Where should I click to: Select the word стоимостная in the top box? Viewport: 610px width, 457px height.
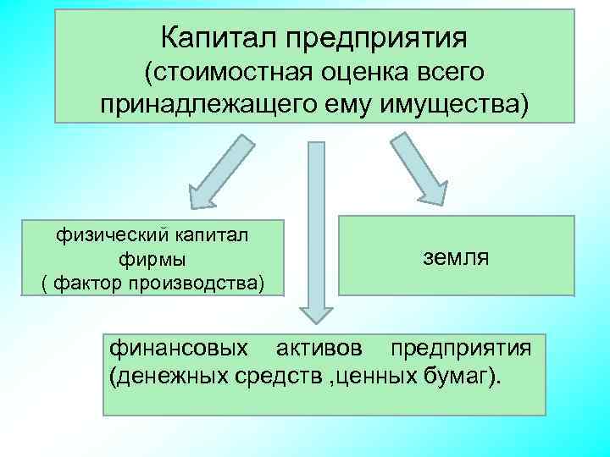pyautogui.click(x=220, y=73)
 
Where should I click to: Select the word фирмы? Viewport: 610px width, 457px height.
pyautogui.click(x=153, y=256)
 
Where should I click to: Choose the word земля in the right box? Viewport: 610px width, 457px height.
pyautogui.click(x=455, y=256)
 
